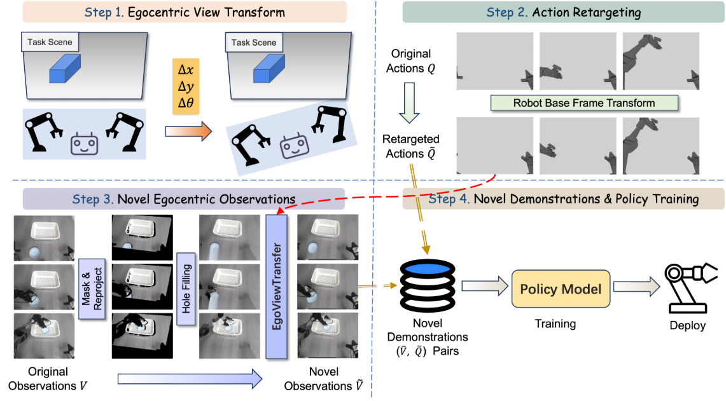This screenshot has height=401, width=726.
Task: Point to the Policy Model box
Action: [560, 290]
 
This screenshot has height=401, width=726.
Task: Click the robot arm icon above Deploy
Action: [689, 287]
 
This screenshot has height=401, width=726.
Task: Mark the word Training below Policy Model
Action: [555, 324]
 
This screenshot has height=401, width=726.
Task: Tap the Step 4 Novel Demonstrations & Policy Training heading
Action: [563, 199]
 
